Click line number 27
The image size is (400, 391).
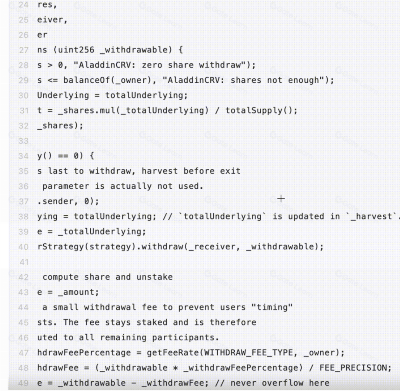[24, 50]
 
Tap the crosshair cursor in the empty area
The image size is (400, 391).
[281, 199]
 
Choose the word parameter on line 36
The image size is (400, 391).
[66, 186]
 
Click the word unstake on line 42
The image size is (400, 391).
[154, 277]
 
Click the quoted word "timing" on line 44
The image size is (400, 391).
[272, 307]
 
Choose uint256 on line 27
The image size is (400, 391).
[76, 50]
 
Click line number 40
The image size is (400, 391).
[23, 247]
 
